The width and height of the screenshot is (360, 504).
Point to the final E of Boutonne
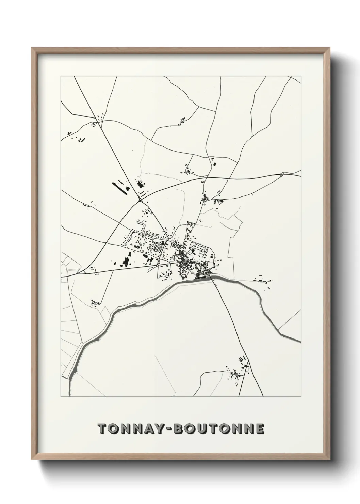[260, 429]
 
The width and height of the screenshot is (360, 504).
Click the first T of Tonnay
[102, 429]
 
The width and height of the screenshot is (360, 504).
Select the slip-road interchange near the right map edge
[282, 175]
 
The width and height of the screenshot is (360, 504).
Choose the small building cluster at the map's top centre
[183, 120]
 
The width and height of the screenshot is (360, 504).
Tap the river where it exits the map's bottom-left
[70, 388]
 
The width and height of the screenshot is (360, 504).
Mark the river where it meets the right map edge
[298, 340]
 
